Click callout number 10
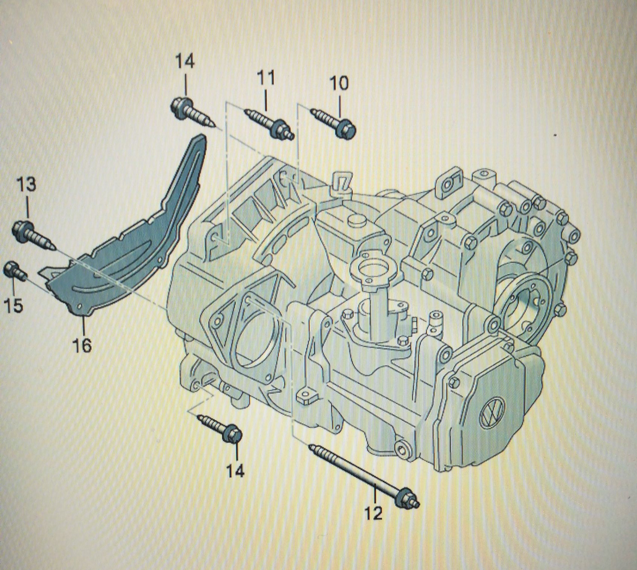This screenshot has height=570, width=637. pyautogui.click(x=338, y=83)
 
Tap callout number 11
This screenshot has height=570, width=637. pyautogui.click(x=266, y=78)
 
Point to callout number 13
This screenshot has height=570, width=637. pyautogui.click(x=27, y=185)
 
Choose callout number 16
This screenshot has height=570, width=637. pyautogui.click(x=82, y=345)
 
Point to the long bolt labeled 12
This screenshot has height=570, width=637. pyautogui.click(x=358, y=474)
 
